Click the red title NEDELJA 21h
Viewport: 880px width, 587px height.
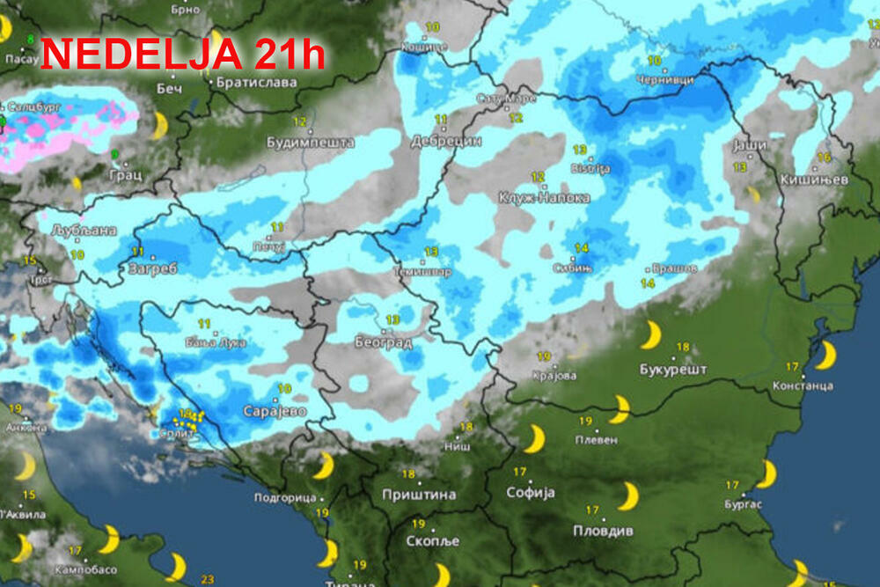coord(183,55)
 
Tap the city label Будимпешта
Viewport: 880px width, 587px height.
coord(311,142)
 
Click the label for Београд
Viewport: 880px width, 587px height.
coord(384,341)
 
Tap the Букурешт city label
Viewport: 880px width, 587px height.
coord(674,370)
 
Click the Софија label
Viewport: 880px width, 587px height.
coord(532,494)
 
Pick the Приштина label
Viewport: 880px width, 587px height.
coord(419,495)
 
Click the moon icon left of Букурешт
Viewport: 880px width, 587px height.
coord(650,335)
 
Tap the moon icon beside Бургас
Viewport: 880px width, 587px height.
coord(766,473)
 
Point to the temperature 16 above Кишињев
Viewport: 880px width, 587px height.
coord(825,158)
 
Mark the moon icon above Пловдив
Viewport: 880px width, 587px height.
coord(627,495)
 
